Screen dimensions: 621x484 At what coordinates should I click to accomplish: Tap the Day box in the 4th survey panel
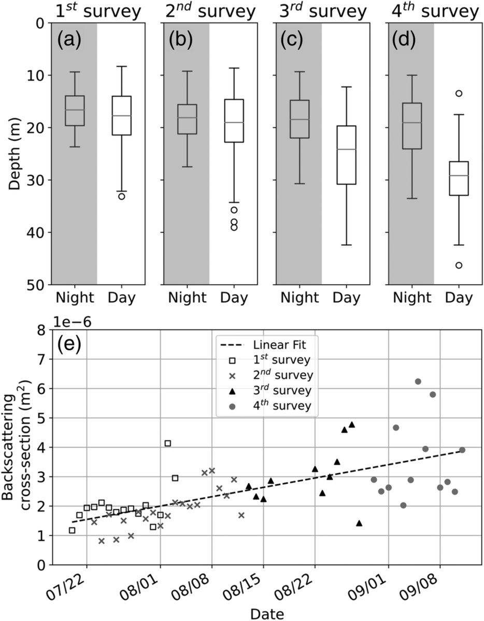point(459,179)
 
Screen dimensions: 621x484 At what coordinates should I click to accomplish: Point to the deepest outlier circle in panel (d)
point(459,265)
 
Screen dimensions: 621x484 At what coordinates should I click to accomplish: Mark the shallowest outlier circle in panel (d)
point(459,93)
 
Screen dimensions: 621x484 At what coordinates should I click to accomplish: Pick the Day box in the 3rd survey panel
point(346,155)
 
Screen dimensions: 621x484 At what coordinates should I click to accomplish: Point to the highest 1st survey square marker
point(167,443)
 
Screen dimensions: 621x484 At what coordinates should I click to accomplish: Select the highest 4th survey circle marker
point(418,381)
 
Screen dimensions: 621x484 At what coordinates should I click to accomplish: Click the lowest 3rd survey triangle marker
point(359,523)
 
